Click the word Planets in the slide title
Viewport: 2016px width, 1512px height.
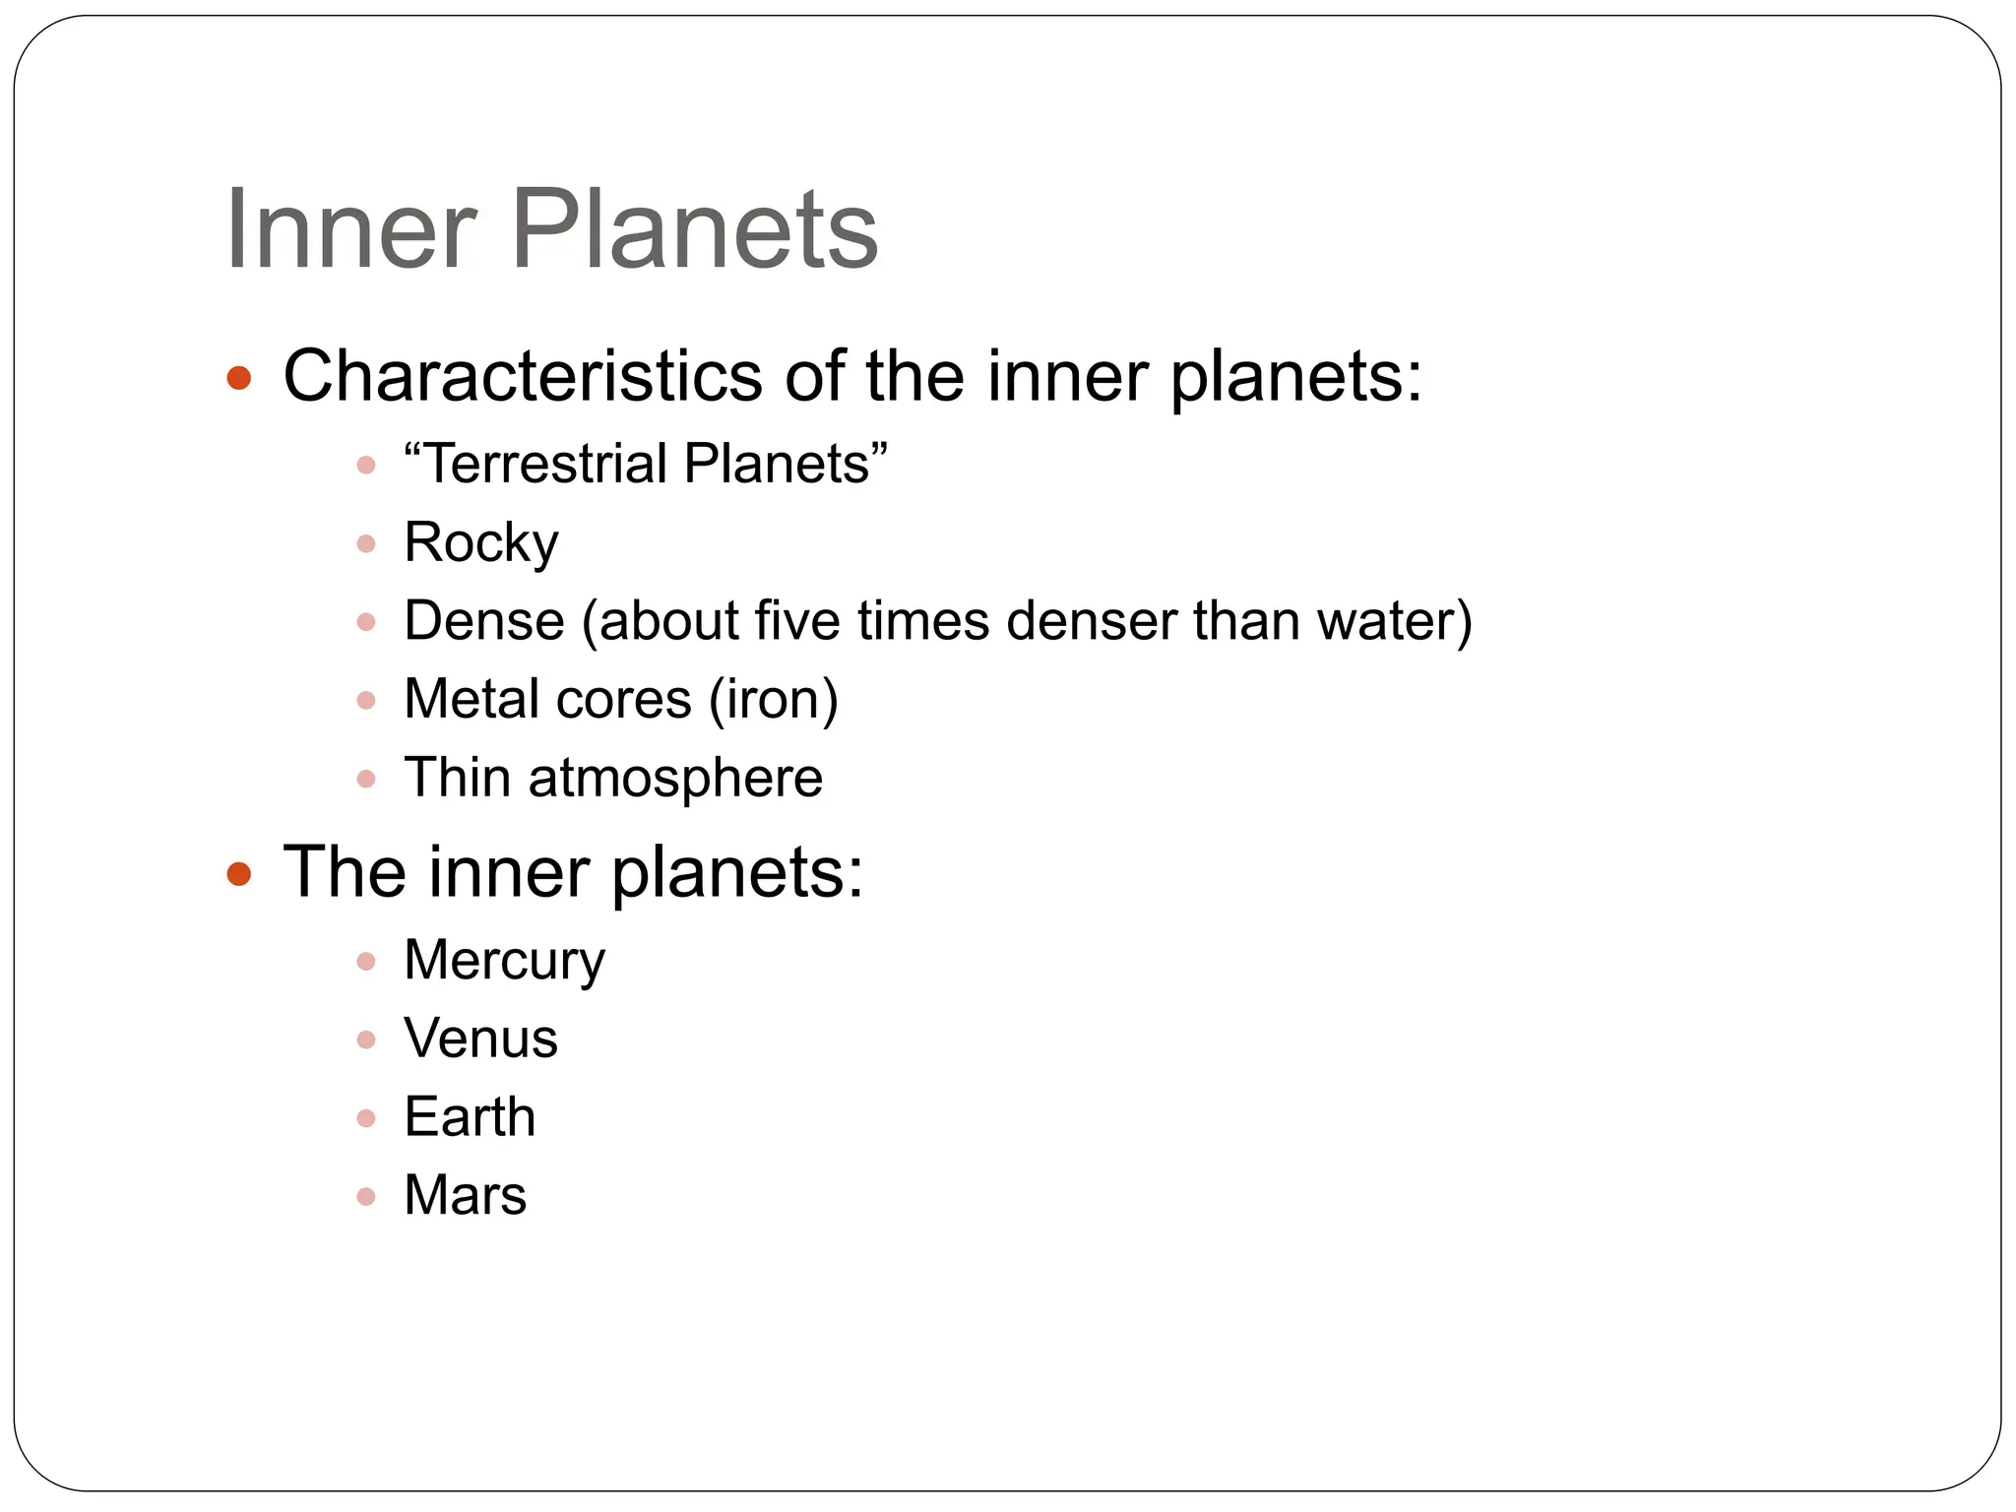pos(694,230)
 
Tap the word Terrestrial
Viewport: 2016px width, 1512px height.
pos(547,464)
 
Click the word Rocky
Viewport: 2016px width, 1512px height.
pos(480,542)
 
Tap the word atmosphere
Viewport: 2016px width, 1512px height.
pos(675,778)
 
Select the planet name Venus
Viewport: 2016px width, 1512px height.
pos(480,1039)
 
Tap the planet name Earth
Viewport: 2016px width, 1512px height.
pos(470,1117)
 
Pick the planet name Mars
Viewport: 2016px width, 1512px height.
pos(465,1196)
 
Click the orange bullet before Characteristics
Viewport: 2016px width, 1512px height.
pos(239,378)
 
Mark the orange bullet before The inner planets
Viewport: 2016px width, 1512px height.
pos(239,873)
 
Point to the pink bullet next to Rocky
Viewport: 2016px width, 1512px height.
pos(366,543)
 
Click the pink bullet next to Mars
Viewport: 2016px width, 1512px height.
pos(366,1197)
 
